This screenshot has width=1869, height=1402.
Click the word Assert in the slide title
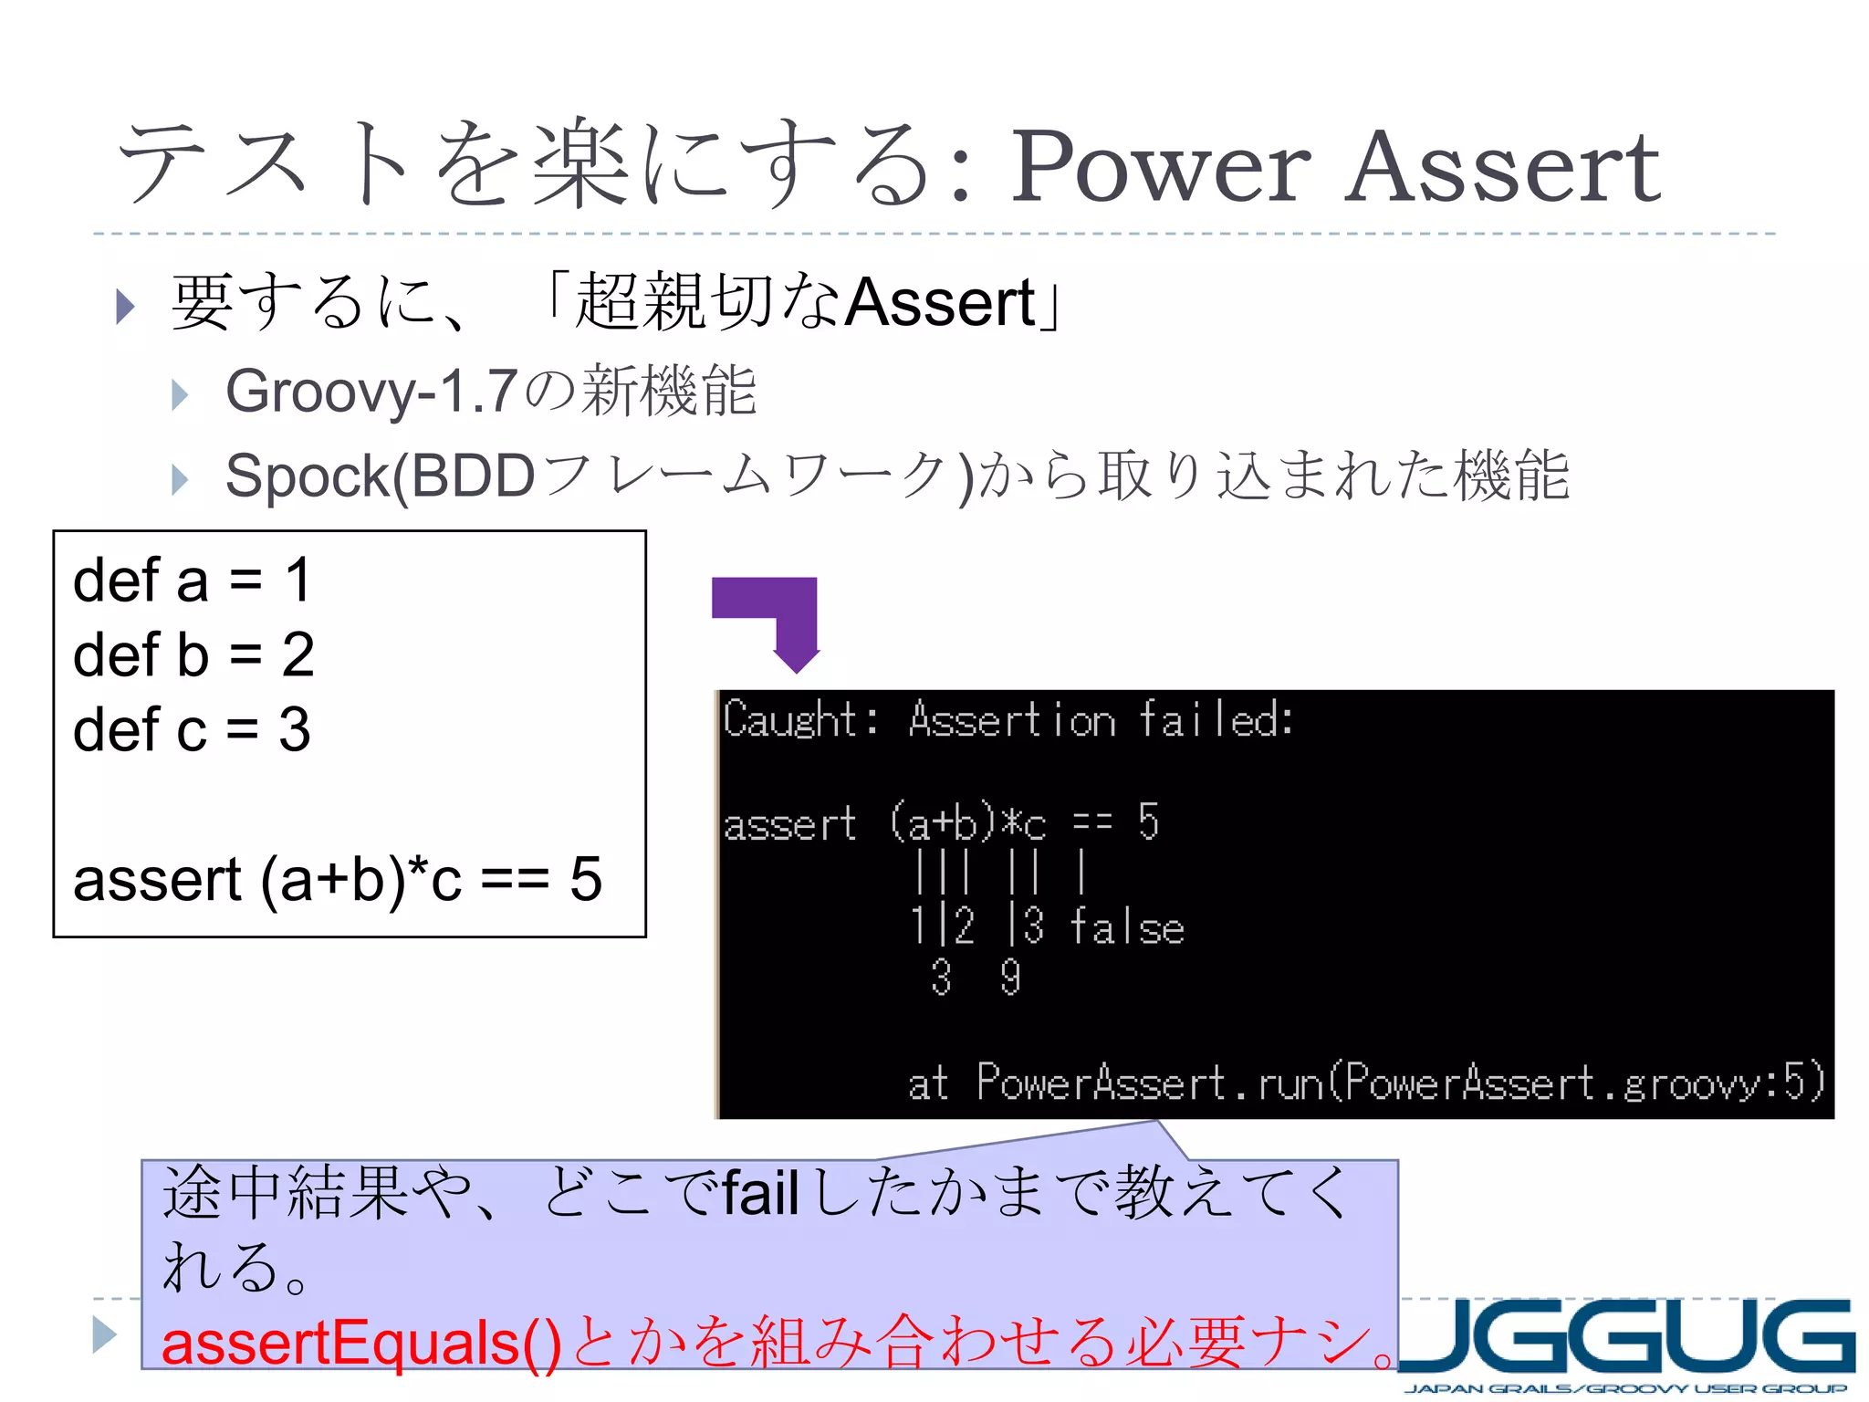click(1502, 167)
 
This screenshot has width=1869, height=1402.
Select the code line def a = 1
click(193, 581)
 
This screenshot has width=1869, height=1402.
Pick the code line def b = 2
click(193, 655)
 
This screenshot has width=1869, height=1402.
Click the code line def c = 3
click(192, 730)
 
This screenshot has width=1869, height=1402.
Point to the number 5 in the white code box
click(586, 880)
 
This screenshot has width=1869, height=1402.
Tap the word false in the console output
click(1126, 927)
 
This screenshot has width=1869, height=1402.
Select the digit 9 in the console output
click(1009, 978)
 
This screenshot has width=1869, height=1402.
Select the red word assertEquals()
click(361, 1344)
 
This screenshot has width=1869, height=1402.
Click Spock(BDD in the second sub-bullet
click(380, 476)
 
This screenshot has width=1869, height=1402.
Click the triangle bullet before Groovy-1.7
click(180, 394)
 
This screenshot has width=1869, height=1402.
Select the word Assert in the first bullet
click(940, 303)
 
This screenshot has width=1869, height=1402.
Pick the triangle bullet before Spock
click(180, 479)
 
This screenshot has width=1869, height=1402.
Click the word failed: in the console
click(1216, 719)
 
